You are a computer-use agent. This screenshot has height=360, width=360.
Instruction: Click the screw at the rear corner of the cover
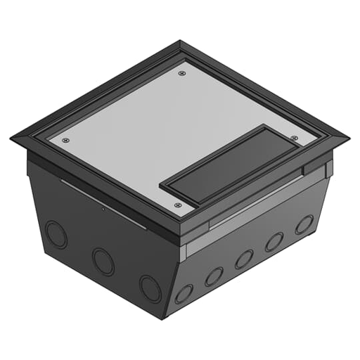tap(183, 72)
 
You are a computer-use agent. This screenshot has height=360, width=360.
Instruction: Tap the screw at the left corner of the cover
tap(65, 140)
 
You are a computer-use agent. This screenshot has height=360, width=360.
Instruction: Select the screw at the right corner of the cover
tap(294, 138)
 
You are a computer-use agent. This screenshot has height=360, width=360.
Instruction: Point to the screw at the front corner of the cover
tap(177, 205)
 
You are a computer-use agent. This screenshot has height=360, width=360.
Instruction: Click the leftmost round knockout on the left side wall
tap(56, 233)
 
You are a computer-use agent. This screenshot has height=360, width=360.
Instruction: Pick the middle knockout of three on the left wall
tap(103, 262)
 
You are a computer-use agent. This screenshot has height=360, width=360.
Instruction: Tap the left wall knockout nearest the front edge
tap(150, 288)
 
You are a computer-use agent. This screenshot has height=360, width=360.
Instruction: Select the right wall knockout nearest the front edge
tap(184, 293)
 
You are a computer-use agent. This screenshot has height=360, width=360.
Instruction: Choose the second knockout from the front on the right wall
tap(214, 276)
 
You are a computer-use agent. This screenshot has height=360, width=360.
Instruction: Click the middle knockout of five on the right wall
tap(244, 259)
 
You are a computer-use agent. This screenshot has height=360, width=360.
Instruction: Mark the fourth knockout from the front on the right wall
tap(274, 241)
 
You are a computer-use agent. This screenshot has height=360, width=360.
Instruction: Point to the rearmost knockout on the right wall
tap(304, 224)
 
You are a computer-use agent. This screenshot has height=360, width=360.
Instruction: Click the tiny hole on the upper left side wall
tap(103, 209)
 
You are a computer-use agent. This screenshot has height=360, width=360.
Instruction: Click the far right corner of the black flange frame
tap(348, 138)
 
